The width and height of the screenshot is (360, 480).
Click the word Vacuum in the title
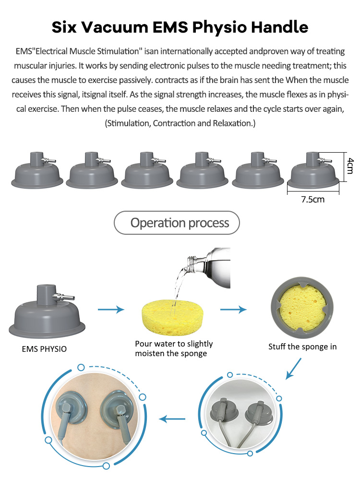pos(115,27)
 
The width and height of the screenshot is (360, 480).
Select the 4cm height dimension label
pos(350,166)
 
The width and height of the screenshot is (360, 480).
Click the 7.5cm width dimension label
pos(312,200)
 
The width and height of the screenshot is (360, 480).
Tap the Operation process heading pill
pos(177,223)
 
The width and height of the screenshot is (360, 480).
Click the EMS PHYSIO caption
pos(44,349)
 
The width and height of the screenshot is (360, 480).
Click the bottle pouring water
pos(209,267)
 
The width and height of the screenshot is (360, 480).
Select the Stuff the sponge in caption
pos(302,347)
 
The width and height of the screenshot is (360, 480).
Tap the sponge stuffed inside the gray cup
pos(302,308)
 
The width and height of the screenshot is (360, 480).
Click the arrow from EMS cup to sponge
pos(111,310)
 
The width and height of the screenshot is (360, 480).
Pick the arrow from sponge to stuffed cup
pos(233,310)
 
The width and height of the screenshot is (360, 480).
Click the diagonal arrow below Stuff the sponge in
pos(293,369)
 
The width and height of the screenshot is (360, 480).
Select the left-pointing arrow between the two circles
pos(172,419)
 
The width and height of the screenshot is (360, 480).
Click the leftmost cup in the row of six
pos(37,170)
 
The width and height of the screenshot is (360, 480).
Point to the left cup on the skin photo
pos(70,408)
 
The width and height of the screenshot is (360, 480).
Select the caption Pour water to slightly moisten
pos(174,348)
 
